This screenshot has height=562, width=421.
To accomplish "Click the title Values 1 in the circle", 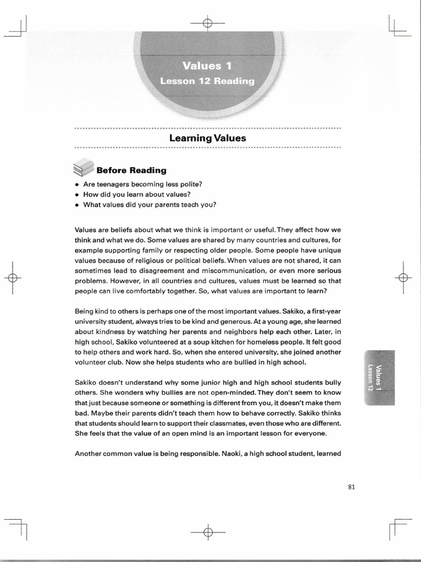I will pos(207,66).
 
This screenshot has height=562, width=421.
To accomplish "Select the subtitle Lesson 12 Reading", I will pos(207,81).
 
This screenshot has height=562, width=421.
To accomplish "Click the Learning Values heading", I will pos(208,138).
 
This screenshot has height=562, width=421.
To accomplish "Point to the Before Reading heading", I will pos(132,170).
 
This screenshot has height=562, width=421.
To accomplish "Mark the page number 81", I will pos(352,486).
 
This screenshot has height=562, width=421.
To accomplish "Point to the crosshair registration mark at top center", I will pos(207,23).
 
